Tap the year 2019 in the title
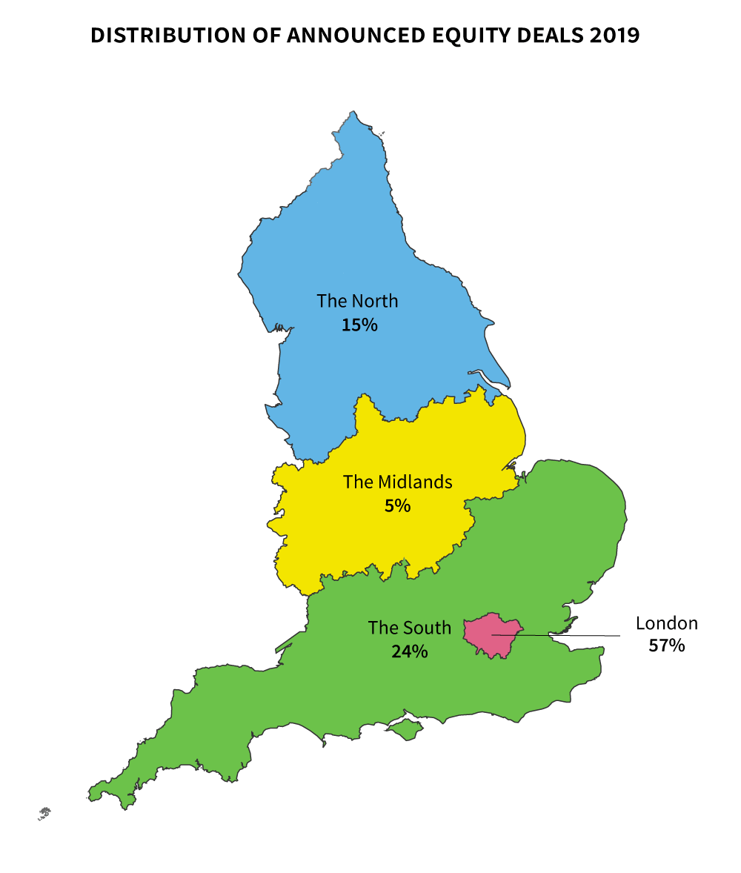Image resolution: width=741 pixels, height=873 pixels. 614,36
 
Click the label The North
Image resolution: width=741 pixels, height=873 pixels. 357,301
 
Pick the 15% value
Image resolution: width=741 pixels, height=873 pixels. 359,325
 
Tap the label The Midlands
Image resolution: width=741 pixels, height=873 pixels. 397,482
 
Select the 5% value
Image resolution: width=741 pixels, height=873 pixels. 397,505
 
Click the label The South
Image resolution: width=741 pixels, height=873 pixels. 409,628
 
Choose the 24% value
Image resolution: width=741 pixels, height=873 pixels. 409,651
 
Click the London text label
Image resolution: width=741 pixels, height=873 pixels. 666,623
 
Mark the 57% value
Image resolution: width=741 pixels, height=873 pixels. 666,645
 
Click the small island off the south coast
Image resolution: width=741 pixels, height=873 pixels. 405,731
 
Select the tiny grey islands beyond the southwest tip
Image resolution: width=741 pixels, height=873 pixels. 44,813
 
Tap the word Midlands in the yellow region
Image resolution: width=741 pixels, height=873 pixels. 415,482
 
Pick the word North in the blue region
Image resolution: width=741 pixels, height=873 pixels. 374,301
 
